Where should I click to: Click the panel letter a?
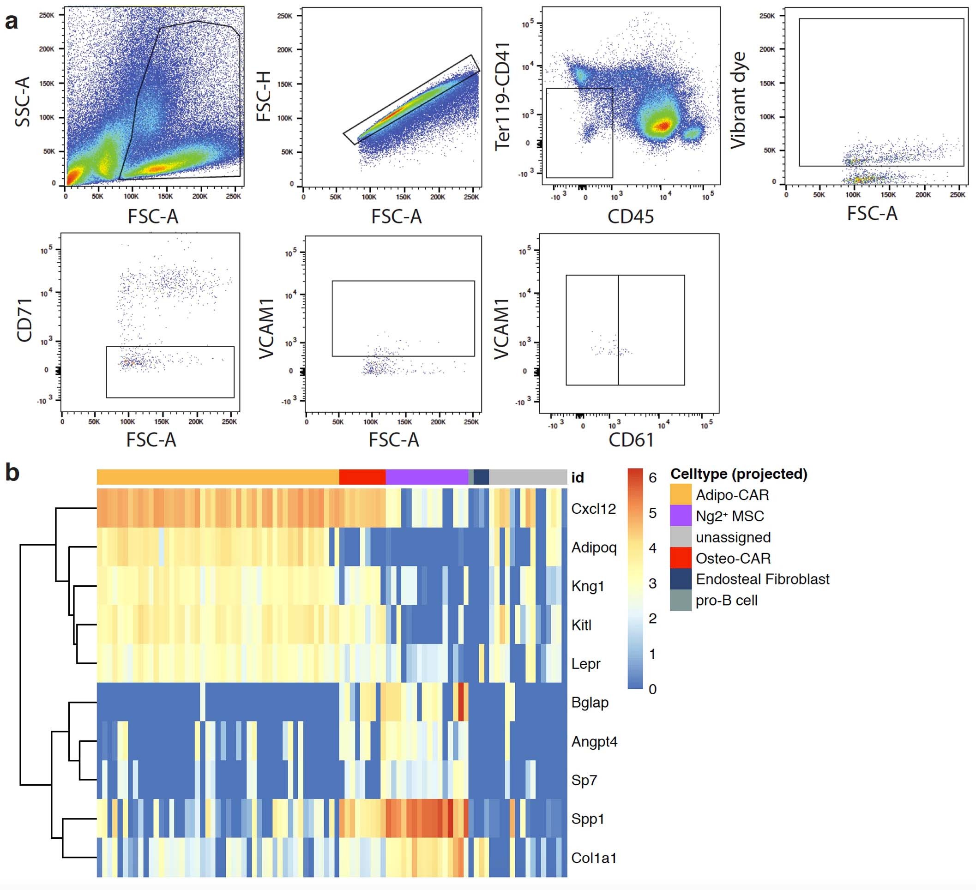coord(12,22)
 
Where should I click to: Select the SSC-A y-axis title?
coord(23,102)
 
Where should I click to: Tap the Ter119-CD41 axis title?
coord(502,96)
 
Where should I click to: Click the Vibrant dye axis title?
coord(738,100)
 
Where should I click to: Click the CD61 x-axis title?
coord(631,440)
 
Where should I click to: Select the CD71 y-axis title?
coord(24,320)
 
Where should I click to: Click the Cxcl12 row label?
coord(593,509)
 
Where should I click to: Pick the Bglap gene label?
coord(589,702)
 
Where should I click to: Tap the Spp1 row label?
coord(587,819)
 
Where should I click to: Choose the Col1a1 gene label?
coord(594,858)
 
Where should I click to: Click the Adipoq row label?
coord(594,547)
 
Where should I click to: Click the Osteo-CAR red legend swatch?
coord(680,558)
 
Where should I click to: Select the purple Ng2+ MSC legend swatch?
coord(680,516)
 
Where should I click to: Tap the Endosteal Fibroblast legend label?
coord(762,579)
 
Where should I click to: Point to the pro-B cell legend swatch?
coord(680,600)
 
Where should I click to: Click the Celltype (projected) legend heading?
coord(738,474)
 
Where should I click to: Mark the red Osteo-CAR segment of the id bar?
coord(362,477)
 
